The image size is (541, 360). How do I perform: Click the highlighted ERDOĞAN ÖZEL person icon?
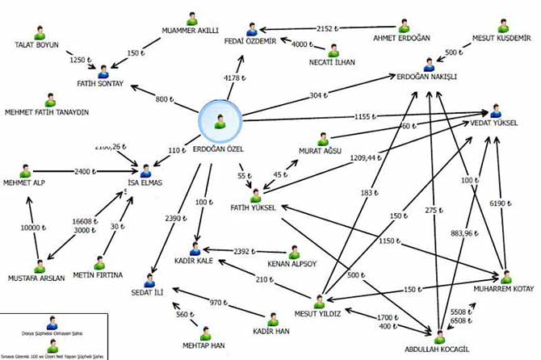(x=220, y=121)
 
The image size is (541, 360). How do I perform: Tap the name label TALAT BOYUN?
(x=37, y=46)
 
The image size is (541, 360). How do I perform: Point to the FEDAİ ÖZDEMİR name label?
(x=255, y=41)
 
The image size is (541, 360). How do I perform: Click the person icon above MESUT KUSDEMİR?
(x=503, y=23)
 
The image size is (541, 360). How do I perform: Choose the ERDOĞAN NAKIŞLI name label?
(x=427, y=77)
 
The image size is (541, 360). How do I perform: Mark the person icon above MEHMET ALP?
(x=26, y=172)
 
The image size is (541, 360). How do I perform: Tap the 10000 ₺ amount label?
(x=29, y=228)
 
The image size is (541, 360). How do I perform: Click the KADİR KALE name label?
(x=194, y=259)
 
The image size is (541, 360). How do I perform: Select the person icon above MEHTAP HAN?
(x=204, y=334)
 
